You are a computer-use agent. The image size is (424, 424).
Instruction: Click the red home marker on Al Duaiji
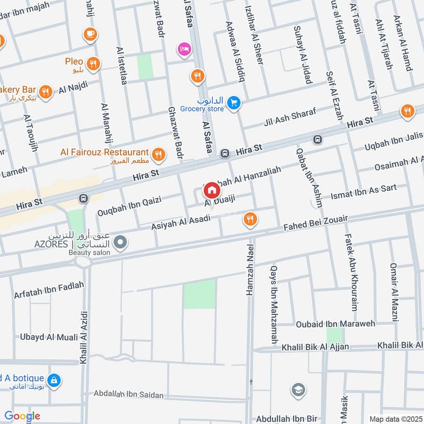pos(211,189)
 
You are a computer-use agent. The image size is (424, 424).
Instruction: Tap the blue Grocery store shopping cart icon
pos(234,104)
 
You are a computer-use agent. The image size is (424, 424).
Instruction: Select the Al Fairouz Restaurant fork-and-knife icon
pos(157,155)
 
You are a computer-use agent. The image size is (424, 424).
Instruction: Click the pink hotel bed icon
pos(184,48)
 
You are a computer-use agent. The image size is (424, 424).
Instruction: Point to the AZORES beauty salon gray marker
pos(121,243)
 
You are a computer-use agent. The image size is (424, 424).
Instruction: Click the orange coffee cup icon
pos(90,34)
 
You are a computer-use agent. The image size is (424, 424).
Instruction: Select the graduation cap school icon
pos(298,391)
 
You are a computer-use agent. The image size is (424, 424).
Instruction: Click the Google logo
pos(22,416)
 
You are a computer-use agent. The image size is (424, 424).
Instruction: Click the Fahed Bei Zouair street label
pos(315,222)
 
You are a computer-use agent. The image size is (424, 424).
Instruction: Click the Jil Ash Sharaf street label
pos(289,119)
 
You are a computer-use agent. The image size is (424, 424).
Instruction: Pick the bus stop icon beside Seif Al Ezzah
pos(317,140)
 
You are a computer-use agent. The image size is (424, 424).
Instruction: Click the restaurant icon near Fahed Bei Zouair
pos(250,218)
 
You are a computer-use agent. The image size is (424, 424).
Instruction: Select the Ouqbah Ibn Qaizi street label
pos(129,207)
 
